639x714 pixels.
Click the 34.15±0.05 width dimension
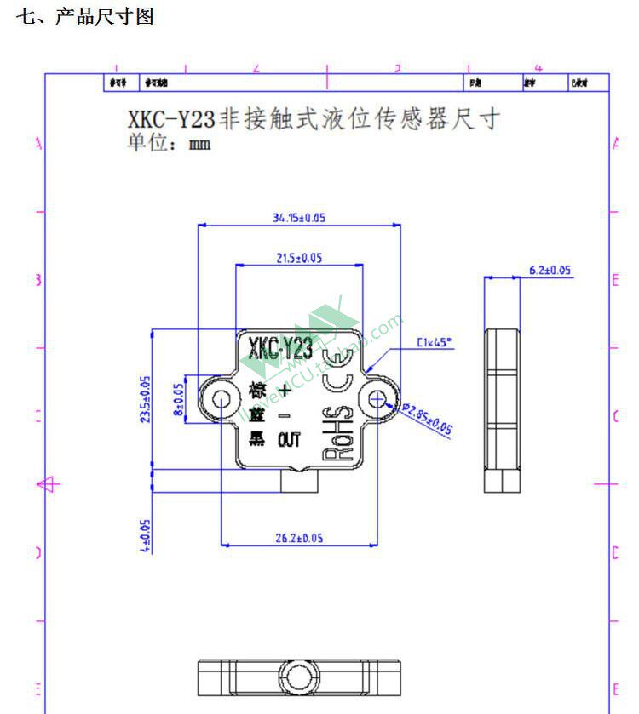298,218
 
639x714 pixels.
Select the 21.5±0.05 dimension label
299,259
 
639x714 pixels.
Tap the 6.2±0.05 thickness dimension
550,271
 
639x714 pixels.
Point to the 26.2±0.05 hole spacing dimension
299,538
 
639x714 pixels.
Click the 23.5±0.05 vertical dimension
145,399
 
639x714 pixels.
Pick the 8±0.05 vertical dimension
179,398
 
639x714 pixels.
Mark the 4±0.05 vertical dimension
145,535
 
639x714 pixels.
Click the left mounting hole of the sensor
221,398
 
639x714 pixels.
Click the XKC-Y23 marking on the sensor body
279,349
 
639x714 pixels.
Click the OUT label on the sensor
289,440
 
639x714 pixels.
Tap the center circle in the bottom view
299,677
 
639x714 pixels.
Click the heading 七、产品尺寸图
84,17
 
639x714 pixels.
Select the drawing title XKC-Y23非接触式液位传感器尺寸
313,119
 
